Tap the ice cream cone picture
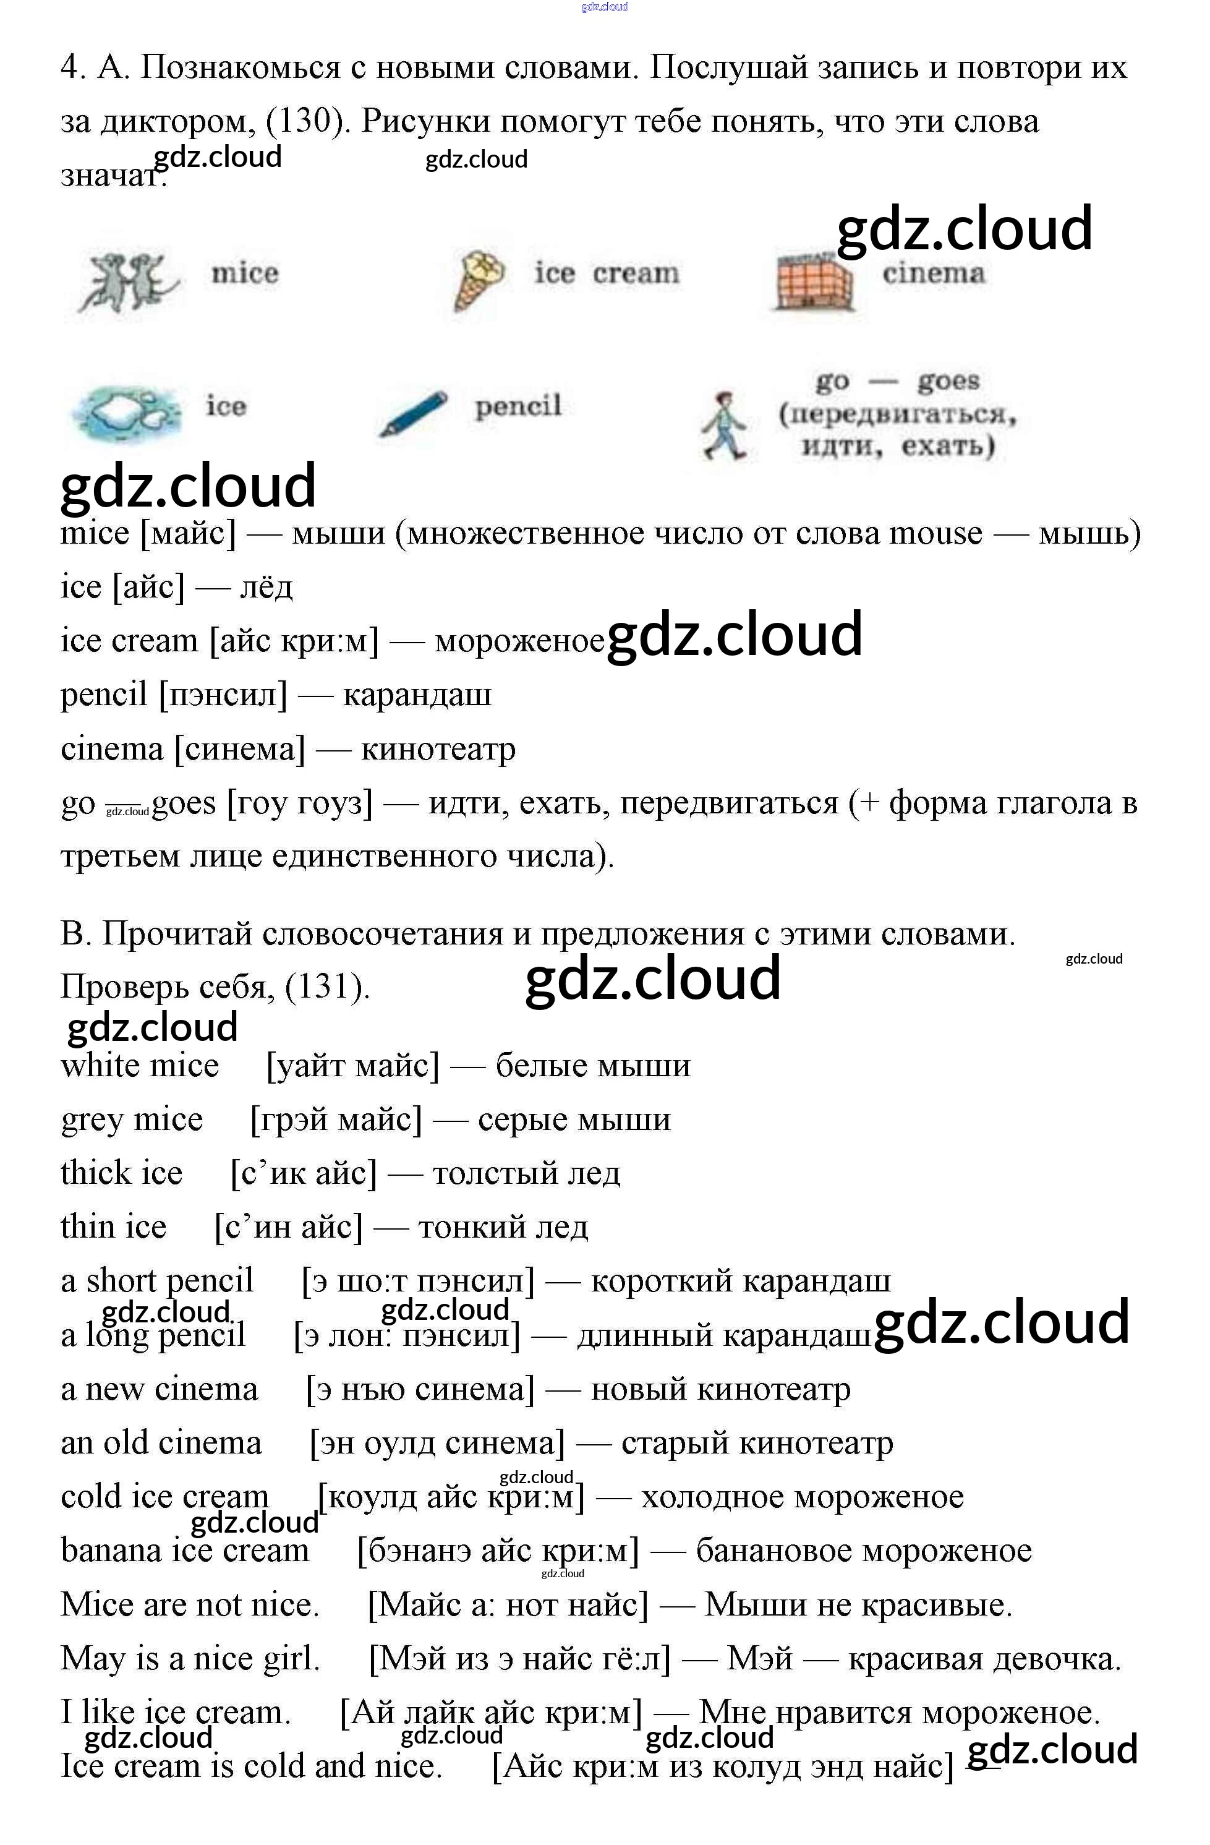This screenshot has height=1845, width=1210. pos(479,280)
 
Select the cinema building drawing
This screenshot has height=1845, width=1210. pos(813,281)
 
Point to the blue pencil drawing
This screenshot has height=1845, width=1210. pos(413,413)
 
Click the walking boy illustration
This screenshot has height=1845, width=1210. pos(725,426)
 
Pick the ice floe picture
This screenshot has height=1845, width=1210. pos(125,411)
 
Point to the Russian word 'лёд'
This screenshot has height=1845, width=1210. pos(266,587)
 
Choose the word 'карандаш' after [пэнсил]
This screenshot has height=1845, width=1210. pos(417,695)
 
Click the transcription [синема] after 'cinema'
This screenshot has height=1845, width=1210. pos(241,749)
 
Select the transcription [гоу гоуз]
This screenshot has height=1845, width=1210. pos(299,803)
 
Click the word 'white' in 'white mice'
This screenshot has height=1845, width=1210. pos(99,1065)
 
